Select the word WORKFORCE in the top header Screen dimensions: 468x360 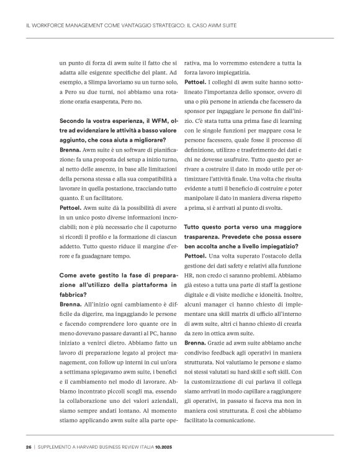click(49, 26)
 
